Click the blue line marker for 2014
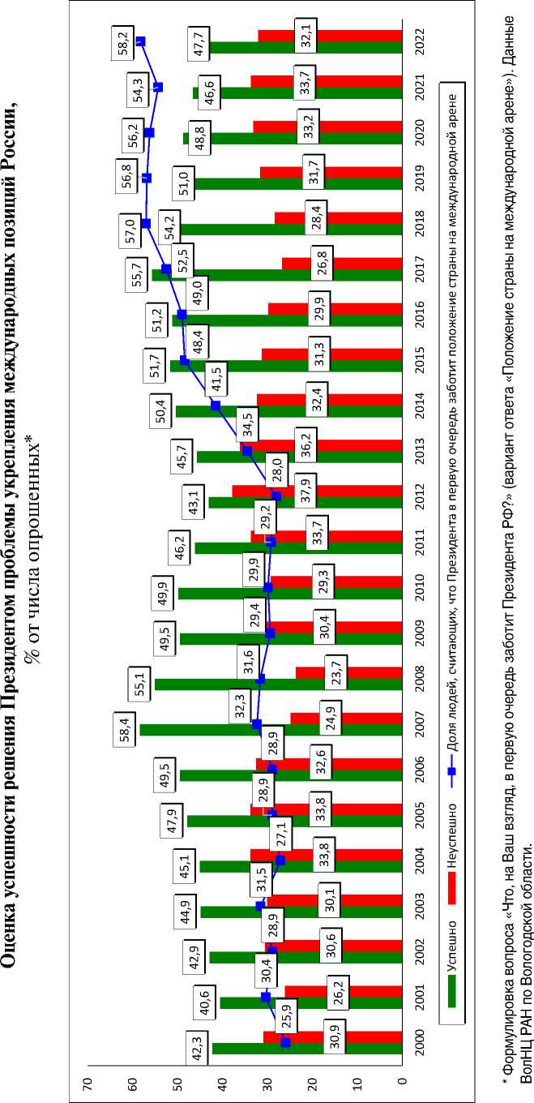point(216,405)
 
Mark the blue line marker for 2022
point(140,41)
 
